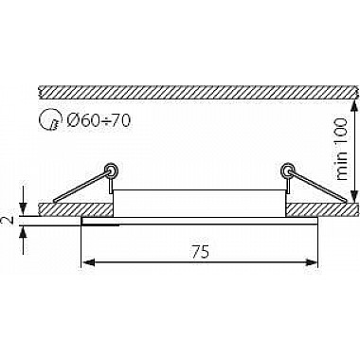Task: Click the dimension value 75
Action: pos(200,252)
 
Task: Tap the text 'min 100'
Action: pos(341,149)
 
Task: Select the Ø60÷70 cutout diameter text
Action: pos(99,119)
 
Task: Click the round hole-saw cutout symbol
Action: pos(49,120)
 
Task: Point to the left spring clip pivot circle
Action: pos(112,170)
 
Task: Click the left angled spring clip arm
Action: pos(81,187)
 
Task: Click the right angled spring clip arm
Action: pos(318,187)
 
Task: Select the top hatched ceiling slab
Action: pos(198,91)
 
